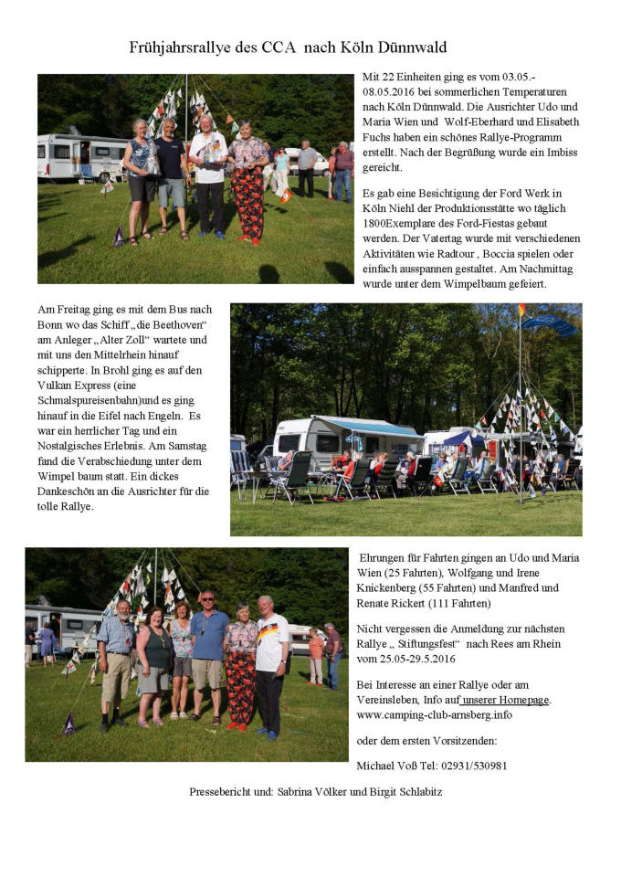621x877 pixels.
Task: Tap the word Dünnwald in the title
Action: click(x=407, y=48)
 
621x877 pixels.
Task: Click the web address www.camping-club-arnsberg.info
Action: click(x=435, y=714)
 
